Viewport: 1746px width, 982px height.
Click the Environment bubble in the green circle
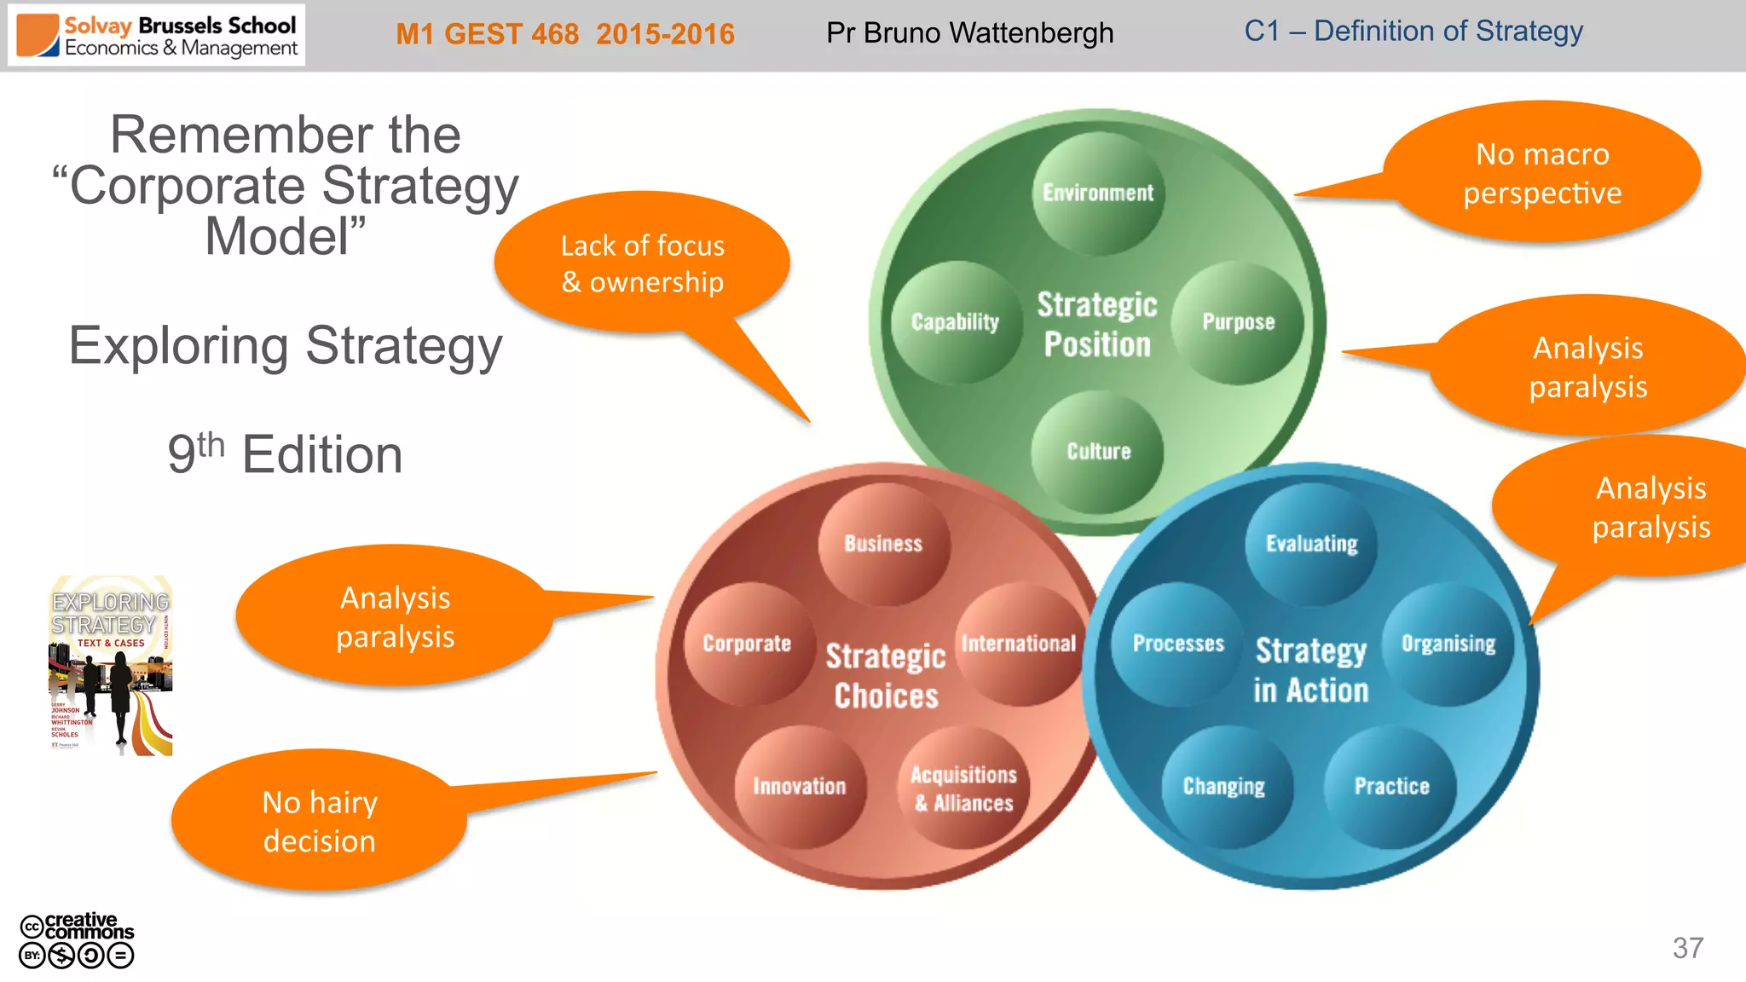tap(1098, 194)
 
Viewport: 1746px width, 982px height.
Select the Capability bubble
tap(956, 322)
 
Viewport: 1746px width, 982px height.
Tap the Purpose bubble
tap(1238, 322)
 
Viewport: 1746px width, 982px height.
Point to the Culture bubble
tap(1098, 452)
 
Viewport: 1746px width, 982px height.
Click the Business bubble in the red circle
tap(884, 544)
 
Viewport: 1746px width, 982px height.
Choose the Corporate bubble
tap(748, 644)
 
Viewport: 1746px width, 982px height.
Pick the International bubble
tap(1019, 644)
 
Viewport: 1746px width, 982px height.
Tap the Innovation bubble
tap(800, 786)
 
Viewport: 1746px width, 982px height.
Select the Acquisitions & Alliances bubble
tap(963, 788)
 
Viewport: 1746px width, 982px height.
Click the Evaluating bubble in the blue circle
tap(1311, 544)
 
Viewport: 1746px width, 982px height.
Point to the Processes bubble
tap(1178, 644)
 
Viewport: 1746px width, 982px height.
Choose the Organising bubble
tap(1448, 644)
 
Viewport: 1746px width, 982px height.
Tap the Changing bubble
tap(1224, 786)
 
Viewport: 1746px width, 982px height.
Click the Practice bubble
tap(1391, 786)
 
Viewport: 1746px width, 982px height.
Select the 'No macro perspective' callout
tap(1541, 173)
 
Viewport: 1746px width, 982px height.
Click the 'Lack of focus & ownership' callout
tap(642, 263)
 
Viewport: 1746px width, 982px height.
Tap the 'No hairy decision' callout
tap(320, 821)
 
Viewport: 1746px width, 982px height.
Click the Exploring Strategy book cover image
tap(111, 666)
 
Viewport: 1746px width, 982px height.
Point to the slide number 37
tap(1687, 948)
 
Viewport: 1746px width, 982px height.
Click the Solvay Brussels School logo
tap(157, 36)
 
